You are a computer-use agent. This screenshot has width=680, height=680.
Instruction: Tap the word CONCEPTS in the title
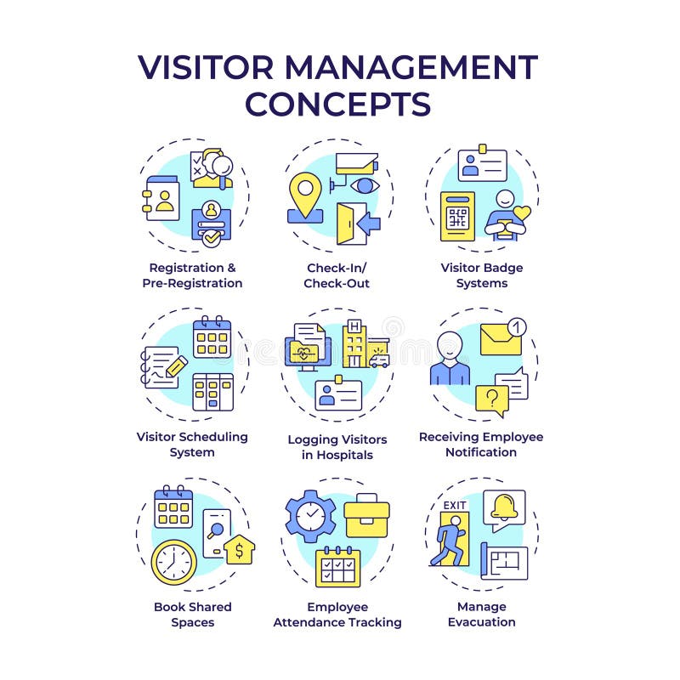pos(338,104)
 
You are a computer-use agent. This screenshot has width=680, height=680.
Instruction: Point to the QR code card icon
pos(458,216)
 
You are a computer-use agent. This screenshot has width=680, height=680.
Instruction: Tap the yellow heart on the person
pos(522,212)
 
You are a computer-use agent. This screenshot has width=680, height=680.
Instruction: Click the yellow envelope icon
pos(501,339)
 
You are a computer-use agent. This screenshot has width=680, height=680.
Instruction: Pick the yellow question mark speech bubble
pos(491,398)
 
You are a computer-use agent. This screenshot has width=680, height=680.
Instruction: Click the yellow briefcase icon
pos(366,516)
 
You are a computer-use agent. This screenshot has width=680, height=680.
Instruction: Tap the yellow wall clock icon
pos(173,561)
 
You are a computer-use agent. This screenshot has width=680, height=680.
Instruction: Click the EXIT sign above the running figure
pos(455,505)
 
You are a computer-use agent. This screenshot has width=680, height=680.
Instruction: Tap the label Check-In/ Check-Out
pos(337,275)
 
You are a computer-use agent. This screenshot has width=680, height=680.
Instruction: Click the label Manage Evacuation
pos(481,614)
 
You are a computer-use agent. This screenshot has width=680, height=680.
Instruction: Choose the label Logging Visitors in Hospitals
pos(337,447)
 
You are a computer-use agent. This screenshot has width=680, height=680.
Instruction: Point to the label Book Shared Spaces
pos(192,614)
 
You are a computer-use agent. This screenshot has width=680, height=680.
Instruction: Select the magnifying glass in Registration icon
pos(223,164)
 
